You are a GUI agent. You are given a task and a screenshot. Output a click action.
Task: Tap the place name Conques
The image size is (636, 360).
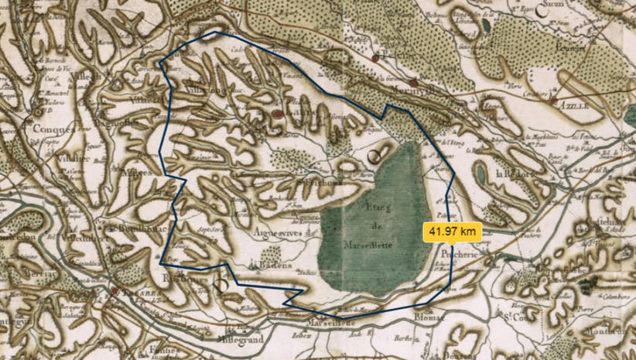[54, 129]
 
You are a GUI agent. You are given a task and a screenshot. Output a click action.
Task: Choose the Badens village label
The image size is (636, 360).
[275, 265]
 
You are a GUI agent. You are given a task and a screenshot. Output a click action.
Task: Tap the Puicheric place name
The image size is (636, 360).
[457, 253]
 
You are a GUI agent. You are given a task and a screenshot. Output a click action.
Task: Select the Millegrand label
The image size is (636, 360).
[243, 338]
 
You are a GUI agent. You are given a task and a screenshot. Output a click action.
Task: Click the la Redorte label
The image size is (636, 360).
[513, 172]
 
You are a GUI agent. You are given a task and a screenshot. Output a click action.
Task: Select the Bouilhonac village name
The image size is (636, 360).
[137, 229]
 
